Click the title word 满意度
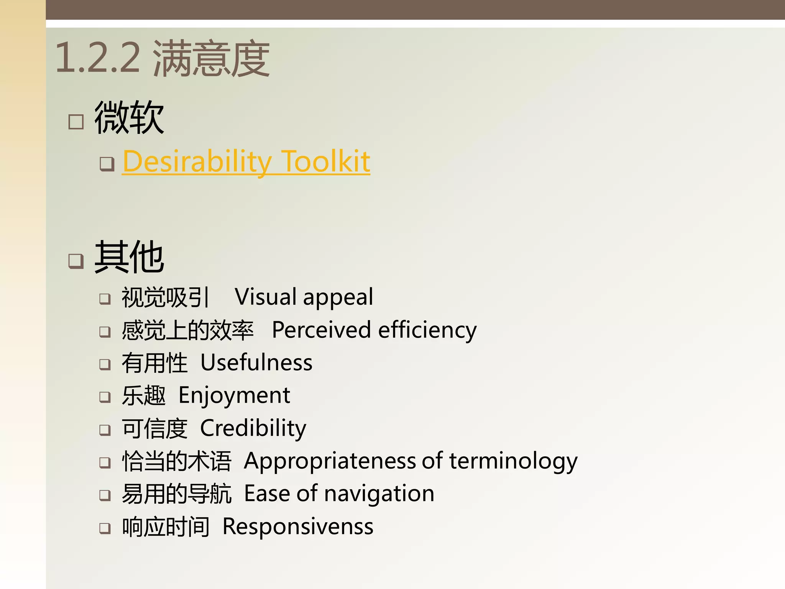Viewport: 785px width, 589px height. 211,58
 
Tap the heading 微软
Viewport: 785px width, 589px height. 129,118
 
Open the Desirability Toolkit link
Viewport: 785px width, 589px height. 246,161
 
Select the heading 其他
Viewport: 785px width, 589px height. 129,257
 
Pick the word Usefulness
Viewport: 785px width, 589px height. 256,363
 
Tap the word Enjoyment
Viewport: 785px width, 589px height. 234,396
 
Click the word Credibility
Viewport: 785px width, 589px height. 253,428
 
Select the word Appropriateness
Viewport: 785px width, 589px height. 330,461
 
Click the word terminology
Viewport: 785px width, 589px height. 513,461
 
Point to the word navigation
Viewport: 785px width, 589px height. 379,494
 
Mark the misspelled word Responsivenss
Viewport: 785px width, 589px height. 298,526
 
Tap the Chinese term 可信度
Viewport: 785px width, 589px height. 154,428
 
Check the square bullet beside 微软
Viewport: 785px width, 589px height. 76,122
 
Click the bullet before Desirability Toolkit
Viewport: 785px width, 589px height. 107,164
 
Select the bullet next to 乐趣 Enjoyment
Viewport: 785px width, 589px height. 105,397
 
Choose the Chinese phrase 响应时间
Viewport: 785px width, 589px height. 166,526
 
